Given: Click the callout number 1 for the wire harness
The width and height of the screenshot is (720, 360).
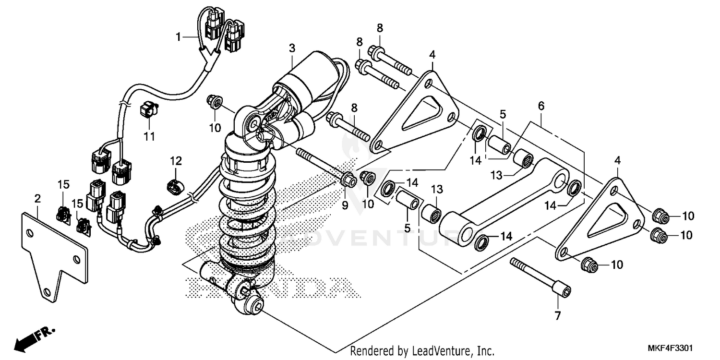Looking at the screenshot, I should coord(179,36).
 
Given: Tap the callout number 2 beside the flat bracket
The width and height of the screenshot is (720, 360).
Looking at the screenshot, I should coord(38,198).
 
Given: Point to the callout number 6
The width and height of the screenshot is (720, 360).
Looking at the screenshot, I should coord(541,106).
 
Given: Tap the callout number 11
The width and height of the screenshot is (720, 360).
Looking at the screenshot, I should coord(149,137).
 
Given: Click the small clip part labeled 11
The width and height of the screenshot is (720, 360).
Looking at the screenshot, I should coord(147,110).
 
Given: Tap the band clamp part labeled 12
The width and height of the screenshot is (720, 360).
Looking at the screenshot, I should coord(175,185).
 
